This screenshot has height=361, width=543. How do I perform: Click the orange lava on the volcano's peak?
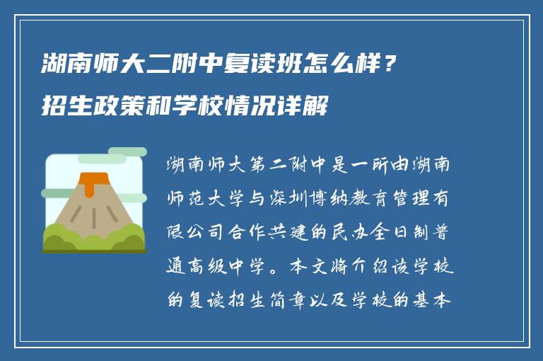tap(90, 181)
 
